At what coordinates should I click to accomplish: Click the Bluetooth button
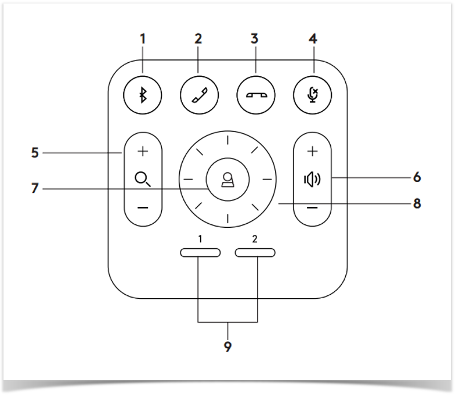143,95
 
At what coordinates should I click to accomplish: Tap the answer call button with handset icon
199,95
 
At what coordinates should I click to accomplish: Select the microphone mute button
313,95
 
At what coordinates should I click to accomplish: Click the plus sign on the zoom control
143,152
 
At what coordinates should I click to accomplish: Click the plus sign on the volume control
313,151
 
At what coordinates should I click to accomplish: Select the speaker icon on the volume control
313,179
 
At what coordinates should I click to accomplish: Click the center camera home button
227,179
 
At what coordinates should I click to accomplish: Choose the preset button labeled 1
200,252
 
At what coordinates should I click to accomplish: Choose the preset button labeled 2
255,252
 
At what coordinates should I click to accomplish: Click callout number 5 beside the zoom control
35,153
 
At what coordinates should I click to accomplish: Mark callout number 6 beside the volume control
417,177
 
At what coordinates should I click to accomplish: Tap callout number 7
35,189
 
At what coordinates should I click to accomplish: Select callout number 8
417,204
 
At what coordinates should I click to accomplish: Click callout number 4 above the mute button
313,40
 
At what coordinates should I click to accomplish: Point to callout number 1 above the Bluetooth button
143,40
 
